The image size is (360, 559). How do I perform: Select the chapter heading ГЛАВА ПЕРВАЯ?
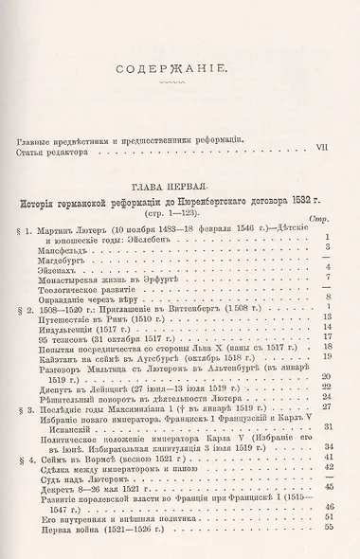(180, 187)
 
